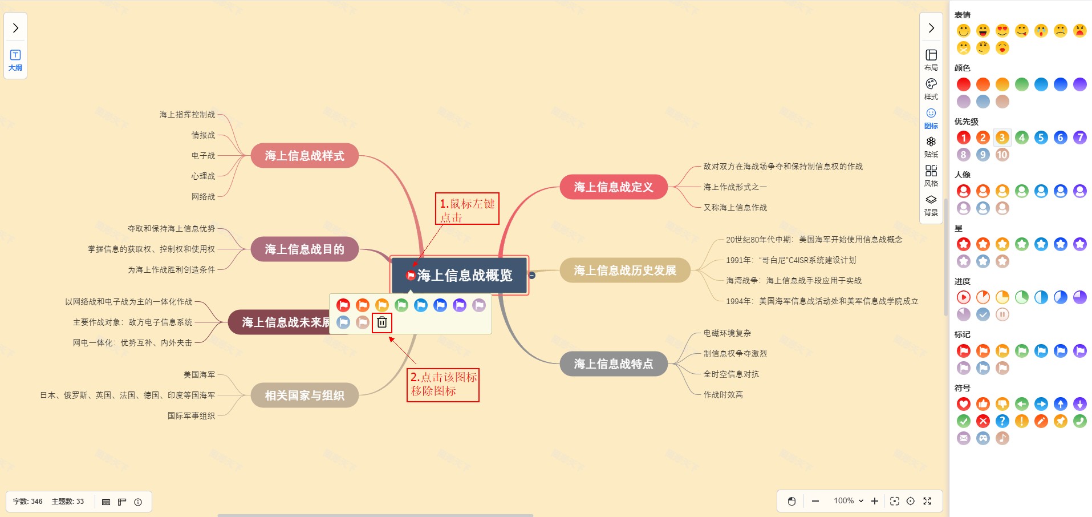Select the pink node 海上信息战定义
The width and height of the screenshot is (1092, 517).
click(613, 187)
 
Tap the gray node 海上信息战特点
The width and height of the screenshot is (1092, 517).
click(613, 364)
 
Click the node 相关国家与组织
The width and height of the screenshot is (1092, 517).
click(305, 395)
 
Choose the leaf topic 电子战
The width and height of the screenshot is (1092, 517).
click(203, 156)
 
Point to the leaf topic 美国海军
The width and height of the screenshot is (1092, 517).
click(199, 375)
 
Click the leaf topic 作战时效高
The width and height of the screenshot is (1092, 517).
click(722, 395)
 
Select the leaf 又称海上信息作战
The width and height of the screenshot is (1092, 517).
click(735, 208)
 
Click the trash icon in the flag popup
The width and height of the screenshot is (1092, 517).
click(382, 322)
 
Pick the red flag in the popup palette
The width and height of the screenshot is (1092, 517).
click(343, 305)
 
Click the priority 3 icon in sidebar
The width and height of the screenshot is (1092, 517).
click(1002, 138)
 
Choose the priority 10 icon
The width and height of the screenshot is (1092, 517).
click(1002, 155)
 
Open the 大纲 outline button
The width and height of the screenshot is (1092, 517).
click(15, 59)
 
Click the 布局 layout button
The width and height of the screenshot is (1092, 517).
click(931, 59)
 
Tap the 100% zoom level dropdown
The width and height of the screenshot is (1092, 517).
click(848, 501)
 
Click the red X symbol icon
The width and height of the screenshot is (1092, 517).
click(983, 421)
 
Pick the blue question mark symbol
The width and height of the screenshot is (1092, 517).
click(1002, 421)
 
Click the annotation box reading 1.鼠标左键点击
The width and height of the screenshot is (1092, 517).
click(467, 209)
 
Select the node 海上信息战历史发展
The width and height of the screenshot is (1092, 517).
click(624, 270)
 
